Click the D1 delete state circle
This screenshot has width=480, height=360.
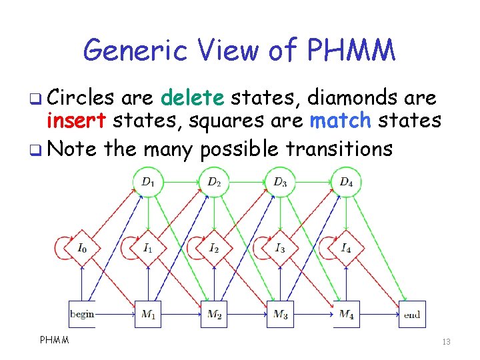(148, 182)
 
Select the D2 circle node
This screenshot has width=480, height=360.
(214, 182)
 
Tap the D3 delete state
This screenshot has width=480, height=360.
(280, 182)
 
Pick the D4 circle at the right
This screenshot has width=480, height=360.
(346, 182)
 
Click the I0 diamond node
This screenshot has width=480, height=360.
(82, 248)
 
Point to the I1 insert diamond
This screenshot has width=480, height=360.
(148, 248)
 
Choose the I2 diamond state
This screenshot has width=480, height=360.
(214, 248)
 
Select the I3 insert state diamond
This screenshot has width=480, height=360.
(280, 248)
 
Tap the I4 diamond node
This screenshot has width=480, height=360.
(346, 248)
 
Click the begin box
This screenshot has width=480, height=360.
(82, 314)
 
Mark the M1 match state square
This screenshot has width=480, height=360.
(148, 314)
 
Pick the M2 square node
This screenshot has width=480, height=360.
(214, 314)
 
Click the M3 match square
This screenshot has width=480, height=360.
(280, 314)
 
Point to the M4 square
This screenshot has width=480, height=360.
(346, 314)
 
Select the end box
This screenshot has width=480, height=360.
(412, 314)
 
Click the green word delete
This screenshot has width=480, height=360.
(193, 99)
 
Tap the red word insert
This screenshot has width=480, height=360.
(77, 121)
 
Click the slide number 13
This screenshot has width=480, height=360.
(446, 342)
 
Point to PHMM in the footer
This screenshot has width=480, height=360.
(55, 341)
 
